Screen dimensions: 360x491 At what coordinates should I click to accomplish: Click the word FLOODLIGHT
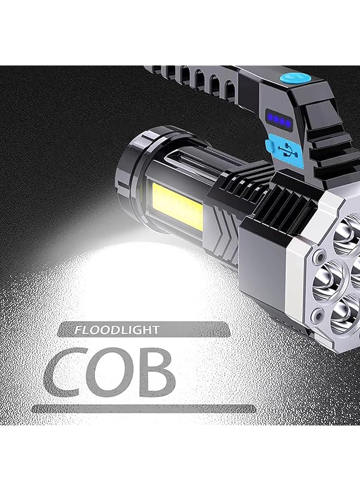click(117, 330)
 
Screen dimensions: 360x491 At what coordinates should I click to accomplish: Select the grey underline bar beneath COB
click(144, 408)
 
